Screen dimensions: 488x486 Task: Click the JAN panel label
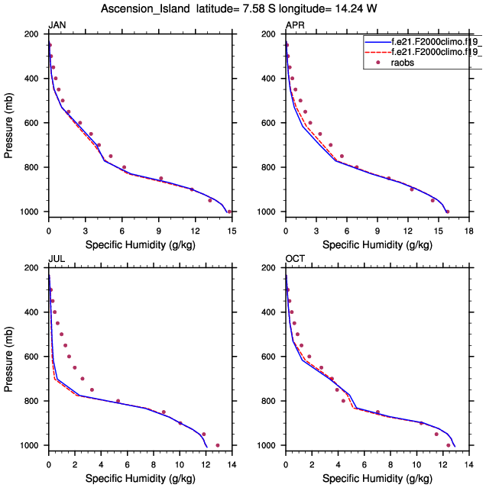tap(57, 26)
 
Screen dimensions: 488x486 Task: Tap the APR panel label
tap(294, 26)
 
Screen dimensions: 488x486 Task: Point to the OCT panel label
tap(294, 260)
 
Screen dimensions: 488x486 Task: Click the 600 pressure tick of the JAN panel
tap(33, 123)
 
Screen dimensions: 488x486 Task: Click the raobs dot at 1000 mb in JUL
tap(218, 445)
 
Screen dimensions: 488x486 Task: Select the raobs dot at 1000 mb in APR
tap(447, 212)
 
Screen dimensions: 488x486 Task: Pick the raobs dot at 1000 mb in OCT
tap(448, 445)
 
